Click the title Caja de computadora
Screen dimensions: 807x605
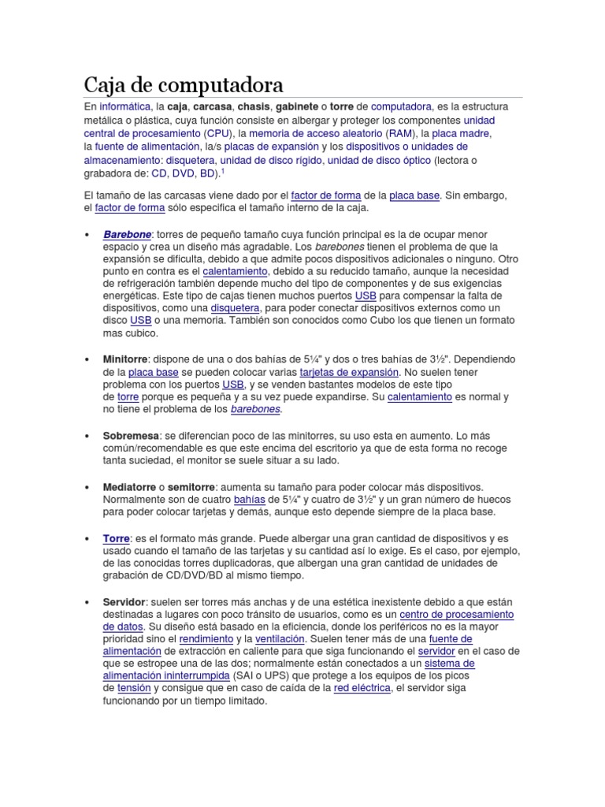coord(184,84)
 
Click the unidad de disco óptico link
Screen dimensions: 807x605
coord(380,160)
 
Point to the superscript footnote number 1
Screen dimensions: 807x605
coord(223,170)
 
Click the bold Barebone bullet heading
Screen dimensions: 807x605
coord(126,234)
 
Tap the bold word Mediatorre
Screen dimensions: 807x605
coord(130,486)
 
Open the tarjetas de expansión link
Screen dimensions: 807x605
coord(349,372)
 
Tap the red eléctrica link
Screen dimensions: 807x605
coord(362,688)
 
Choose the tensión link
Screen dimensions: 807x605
coord(133,688)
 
